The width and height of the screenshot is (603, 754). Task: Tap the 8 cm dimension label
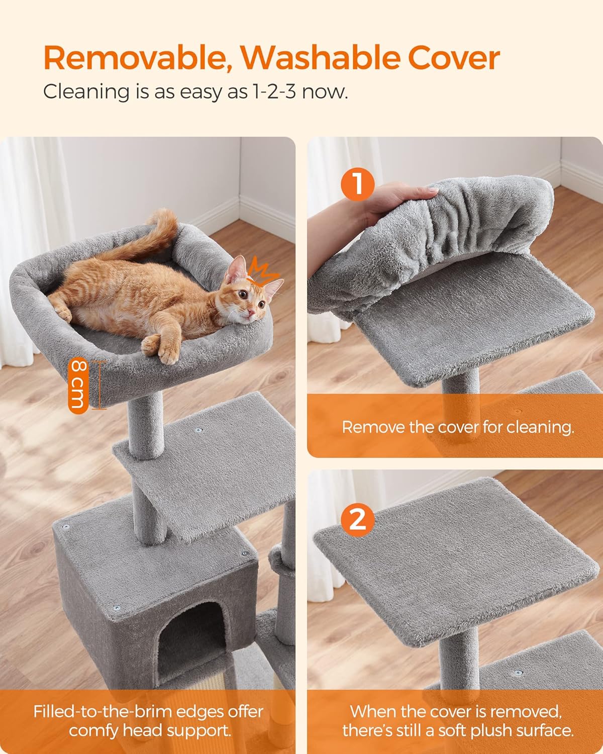coord(79,385)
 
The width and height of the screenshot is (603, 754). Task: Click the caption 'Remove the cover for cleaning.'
coord(457,427)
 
